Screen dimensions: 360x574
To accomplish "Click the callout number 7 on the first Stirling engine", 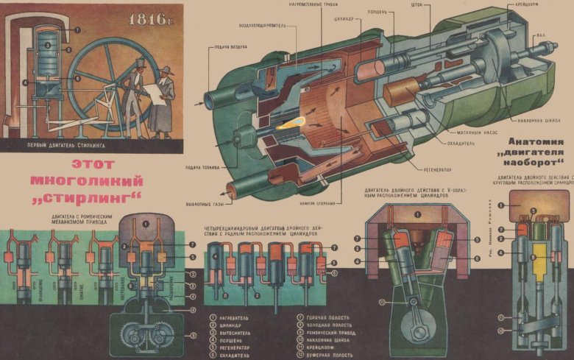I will pyautogui.click(x=77, y=30).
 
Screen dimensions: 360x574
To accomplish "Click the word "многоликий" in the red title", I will pyautogui.click(x=85, y=180).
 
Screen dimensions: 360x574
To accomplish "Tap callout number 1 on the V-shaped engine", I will pyautogui.click(x=417, y=214).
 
